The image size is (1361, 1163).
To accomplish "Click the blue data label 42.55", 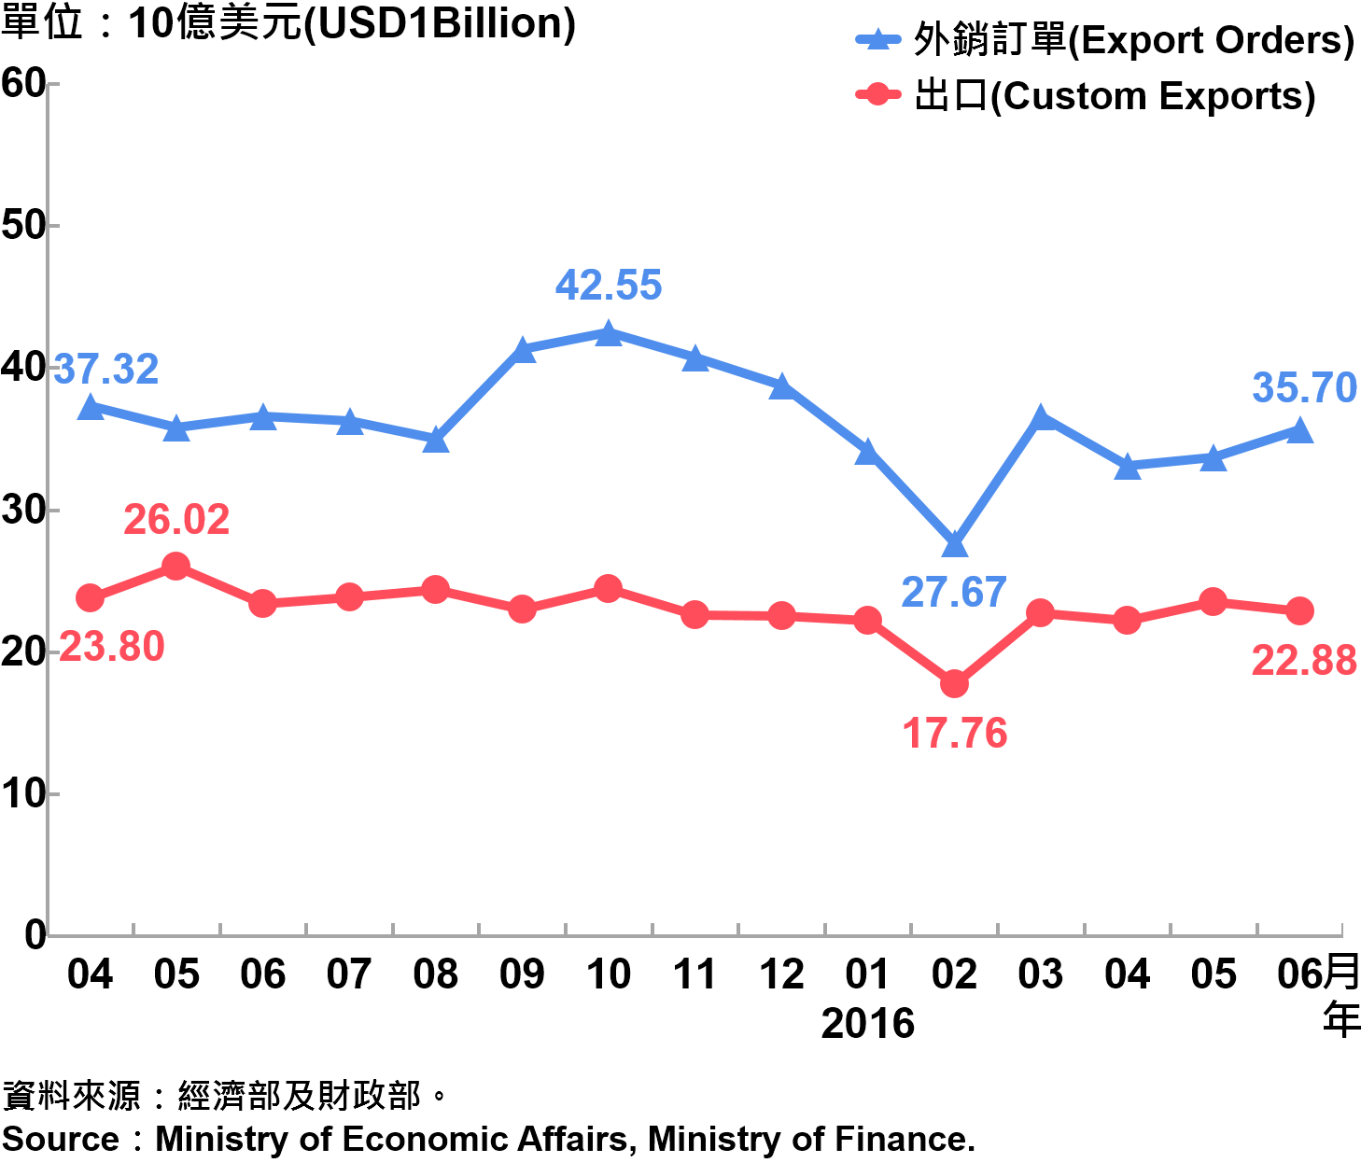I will [609, 285].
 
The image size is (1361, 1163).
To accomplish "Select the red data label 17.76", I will [955, 733].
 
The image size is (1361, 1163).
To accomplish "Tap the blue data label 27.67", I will [954, 592].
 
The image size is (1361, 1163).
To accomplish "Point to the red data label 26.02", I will [176, 519].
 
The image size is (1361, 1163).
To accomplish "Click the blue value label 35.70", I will [1304, 387].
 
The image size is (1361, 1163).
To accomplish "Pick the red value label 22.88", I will [1304, 660].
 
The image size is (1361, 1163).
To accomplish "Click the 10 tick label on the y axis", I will [23, 793].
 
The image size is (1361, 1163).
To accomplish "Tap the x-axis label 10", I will [609, 974].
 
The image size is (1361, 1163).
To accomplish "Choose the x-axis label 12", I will [781, 974].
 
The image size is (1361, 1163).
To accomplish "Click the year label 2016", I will [868, 1024].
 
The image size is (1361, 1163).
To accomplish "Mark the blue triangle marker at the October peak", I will [609, 333].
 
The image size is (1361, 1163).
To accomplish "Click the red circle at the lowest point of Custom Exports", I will [954, 683].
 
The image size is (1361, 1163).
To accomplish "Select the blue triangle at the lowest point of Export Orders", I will [954, 544].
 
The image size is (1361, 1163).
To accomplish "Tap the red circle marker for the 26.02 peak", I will [175, 566].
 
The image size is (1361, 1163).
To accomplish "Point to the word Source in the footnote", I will [61, 1140].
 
